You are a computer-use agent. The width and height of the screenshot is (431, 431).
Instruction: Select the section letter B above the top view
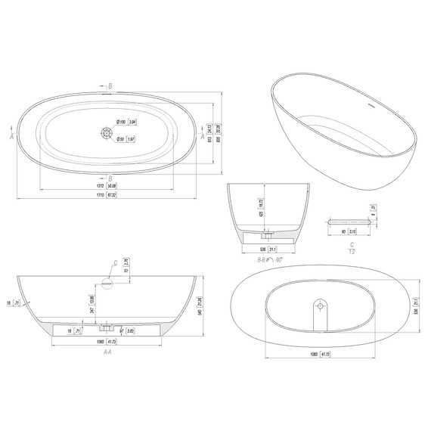click(111, 86)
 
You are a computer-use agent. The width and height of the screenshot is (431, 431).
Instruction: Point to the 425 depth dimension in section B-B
click(262, 214)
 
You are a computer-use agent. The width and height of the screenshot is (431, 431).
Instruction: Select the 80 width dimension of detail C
click(343, 231)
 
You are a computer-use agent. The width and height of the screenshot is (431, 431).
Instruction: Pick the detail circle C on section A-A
click(106, 281)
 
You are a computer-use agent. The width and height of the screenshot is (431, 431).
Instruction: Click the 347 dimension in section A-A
click(92, 311)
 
